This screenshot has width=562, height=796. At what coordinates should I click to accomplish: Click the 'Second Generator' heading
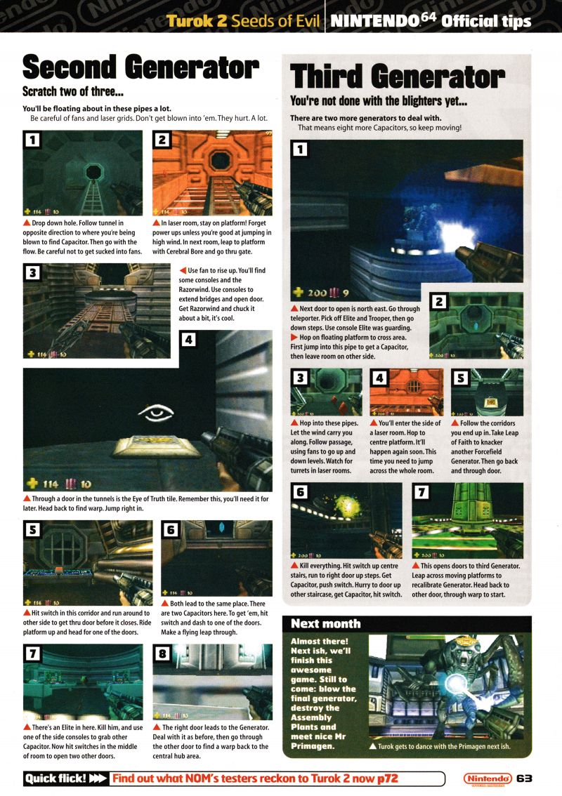coord(140,67)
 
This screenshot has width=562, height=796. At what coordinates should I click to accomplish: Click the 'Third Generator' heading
coord(398,77)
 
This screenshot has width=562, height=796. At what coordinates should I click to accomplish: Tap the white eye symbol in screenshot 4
coord(156,413)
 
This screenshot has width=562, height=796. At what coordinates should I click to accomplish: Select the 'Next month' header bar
coord(407,624)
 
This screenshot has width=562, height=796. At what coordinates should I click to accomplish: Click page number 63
coord(524,778)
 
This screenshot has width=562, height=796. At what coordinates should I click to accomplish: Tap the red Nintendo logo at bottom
coord(488,778)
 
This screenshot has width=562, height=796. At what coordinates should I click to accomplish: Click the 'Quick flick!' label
coord(56,778)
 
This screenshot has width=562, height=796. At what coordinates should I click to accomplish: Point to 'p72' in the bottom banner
coord(387,778)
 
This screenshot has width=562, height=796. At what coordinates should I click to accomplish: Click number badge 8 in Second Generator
coord(162,654)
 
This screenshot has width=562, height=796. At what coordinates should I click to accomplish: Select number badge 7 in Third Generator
coord(421,492)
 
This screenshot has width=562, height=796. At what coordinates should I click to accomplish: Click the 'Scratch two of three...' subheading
coord(73,92)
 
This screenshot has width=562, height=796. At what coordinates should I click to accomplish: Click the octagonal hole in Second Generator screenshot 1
coord(93,171)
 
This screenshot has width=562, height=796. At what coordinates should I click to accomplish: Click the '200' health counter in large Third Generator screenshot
coord(316,293)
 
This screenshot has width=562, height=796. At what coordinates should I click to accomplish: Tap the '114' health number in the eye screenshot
coord(51,484)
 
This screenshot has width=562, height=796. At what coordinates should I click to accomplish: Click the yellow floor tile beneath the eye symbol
coord(156,446)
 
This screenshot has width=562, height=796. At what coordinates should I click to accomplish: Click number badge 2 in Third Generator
coord(439,303)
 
